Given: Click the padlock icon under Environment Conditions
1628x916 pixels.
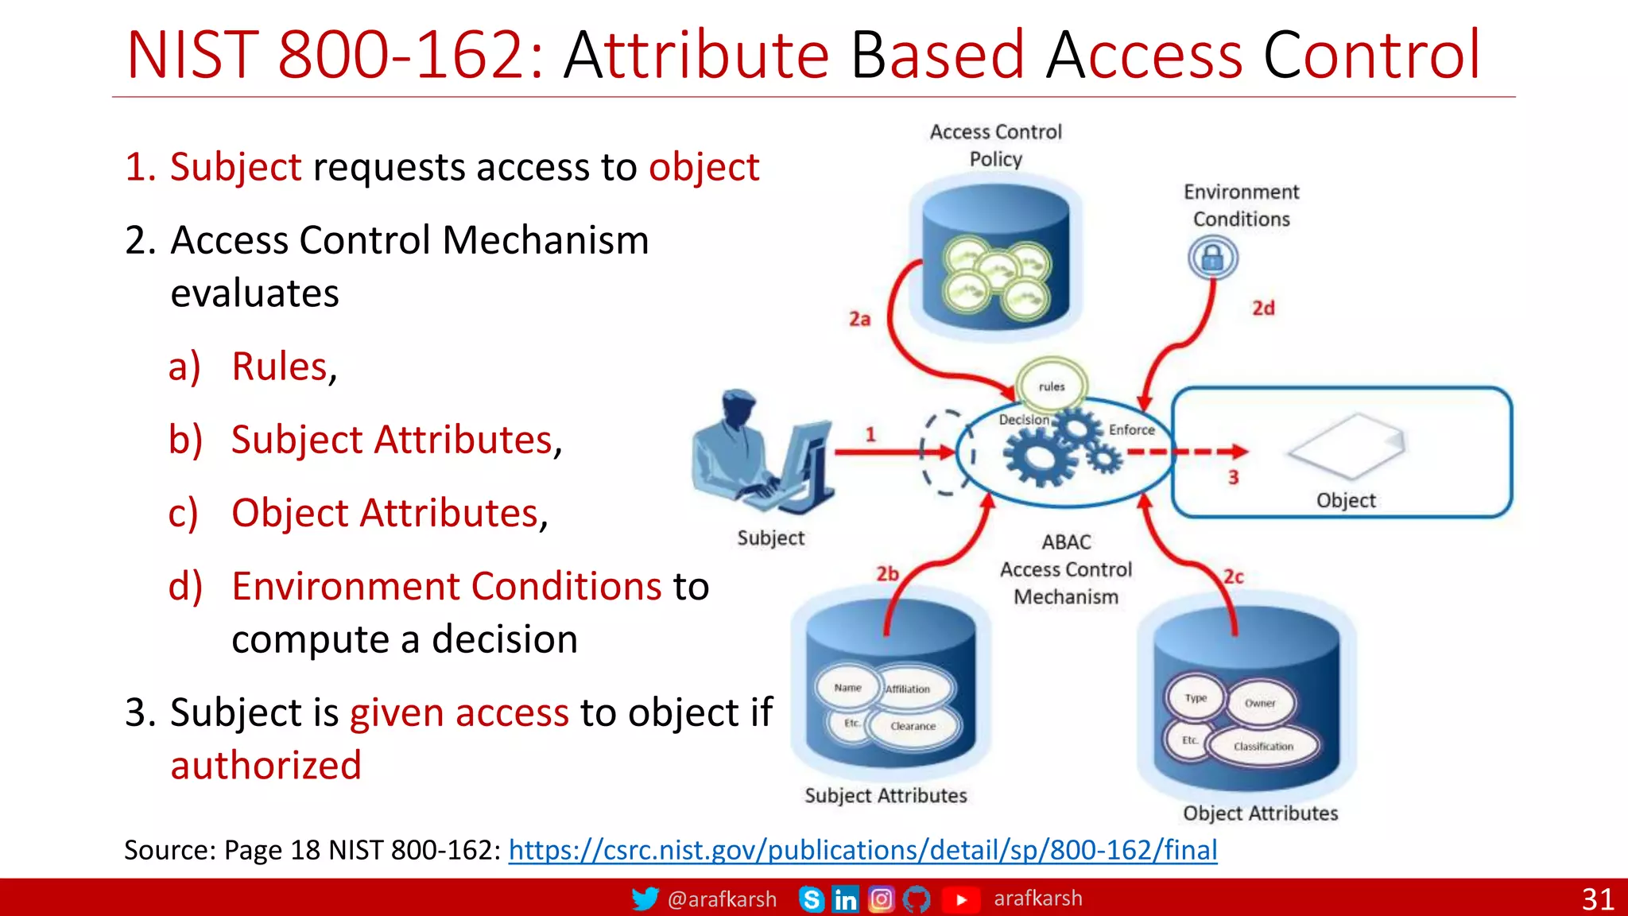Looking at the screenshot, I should (x=1212, y=258).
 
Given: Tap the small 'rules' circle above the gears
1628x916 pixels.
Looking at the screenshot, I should (x=1051, y=386).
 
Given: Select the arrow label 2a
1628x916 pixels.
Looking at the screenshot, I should (x=859, y=319).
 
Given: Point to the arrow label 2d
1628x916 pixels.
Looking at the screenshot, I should (x=1263, y=309).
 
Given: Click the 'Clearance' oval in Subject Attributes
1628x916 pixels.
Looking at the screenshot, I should (x=913, y=726).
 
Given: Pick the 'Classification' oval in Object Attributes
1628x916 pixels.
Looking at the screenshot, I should (x=1263, y=746).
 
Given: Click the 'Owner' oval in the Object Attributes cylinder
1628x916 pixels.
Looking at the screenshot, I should (x=1260, y=703).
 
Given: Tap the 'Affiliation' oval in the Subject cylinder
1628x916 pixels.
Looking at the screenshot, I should (x=909, y=689).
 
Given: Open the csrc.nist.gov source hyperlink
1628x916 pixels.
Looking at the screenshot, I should (x=862, y=850).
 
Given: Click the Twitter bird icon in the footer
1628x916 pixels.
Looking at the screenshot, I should (x=645, y=899).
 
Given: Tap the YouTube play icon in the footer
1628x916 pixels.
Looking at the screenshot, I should (x=961, y=899).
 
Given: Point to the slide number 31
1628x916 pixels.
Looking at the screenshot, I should (x=1597, y=899).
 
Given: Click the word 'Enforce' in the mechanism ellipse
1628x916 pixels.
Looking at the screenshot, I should (x=1131, y=429).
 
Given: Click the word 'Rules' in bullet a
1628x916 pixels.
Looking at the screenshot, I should (x=279, y=367).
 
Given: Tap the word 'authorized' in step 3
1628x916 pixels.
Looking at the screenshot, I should (x=266, y=765).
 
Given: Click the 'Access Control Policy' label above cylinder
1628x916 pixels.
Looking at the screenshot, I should (x=995, y=145).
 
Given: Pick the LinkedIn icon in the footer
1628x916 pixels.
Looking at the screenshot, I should (x=845, y=899).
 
